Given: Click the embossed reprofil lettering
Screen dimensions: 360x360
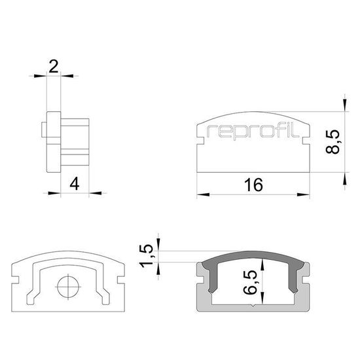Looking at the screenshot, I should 253,133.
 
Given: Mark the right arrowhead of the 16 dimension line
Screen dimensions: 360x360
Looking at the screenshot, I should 306,194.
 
